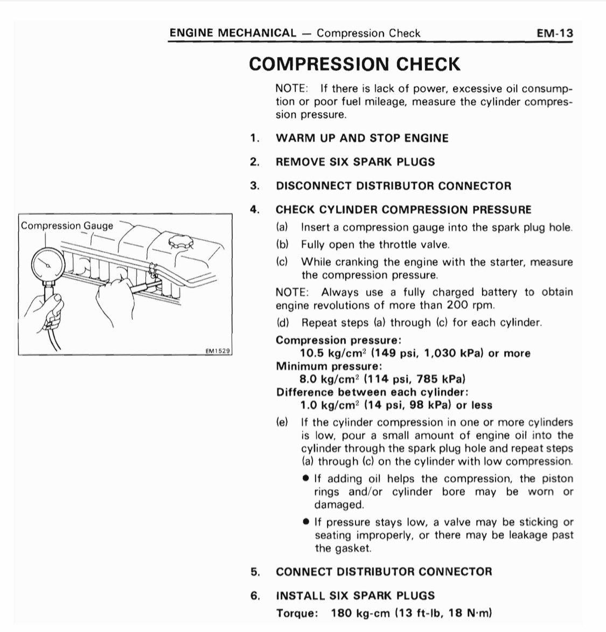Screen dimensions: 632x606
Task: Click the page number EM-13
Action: tap(555, 33)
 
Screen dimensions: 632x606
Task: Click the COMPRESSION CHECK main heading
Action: tap(354, 64)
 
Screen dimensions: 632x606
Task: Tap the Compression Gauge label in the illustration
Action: tap(67, 225)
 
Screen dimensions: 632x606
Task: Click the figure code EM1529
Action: tap(218, 351)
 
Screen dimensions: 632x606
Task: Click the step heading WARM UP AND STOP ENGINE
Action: tap(362, 138)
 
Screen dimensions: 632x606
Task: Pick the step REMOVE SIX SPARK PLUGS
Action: tap(355, 162)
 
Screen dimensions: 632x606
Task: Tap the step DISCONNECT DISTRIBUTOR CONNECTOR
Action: tap(393, 186)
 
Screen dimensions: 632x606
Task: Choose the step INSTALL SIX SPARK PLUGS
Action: tap(355, 595)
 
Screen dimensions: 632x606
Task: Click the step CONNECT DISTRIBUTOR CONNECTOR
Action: tap(384, 572)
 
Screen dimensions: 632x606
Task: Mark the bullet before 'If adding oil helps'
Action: tap(306, 478)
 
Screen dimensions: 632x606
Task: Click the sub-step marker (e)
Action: tap(282, 422)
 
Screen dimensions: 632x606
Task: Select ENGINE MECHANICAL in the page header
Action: tap(233, 33)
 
